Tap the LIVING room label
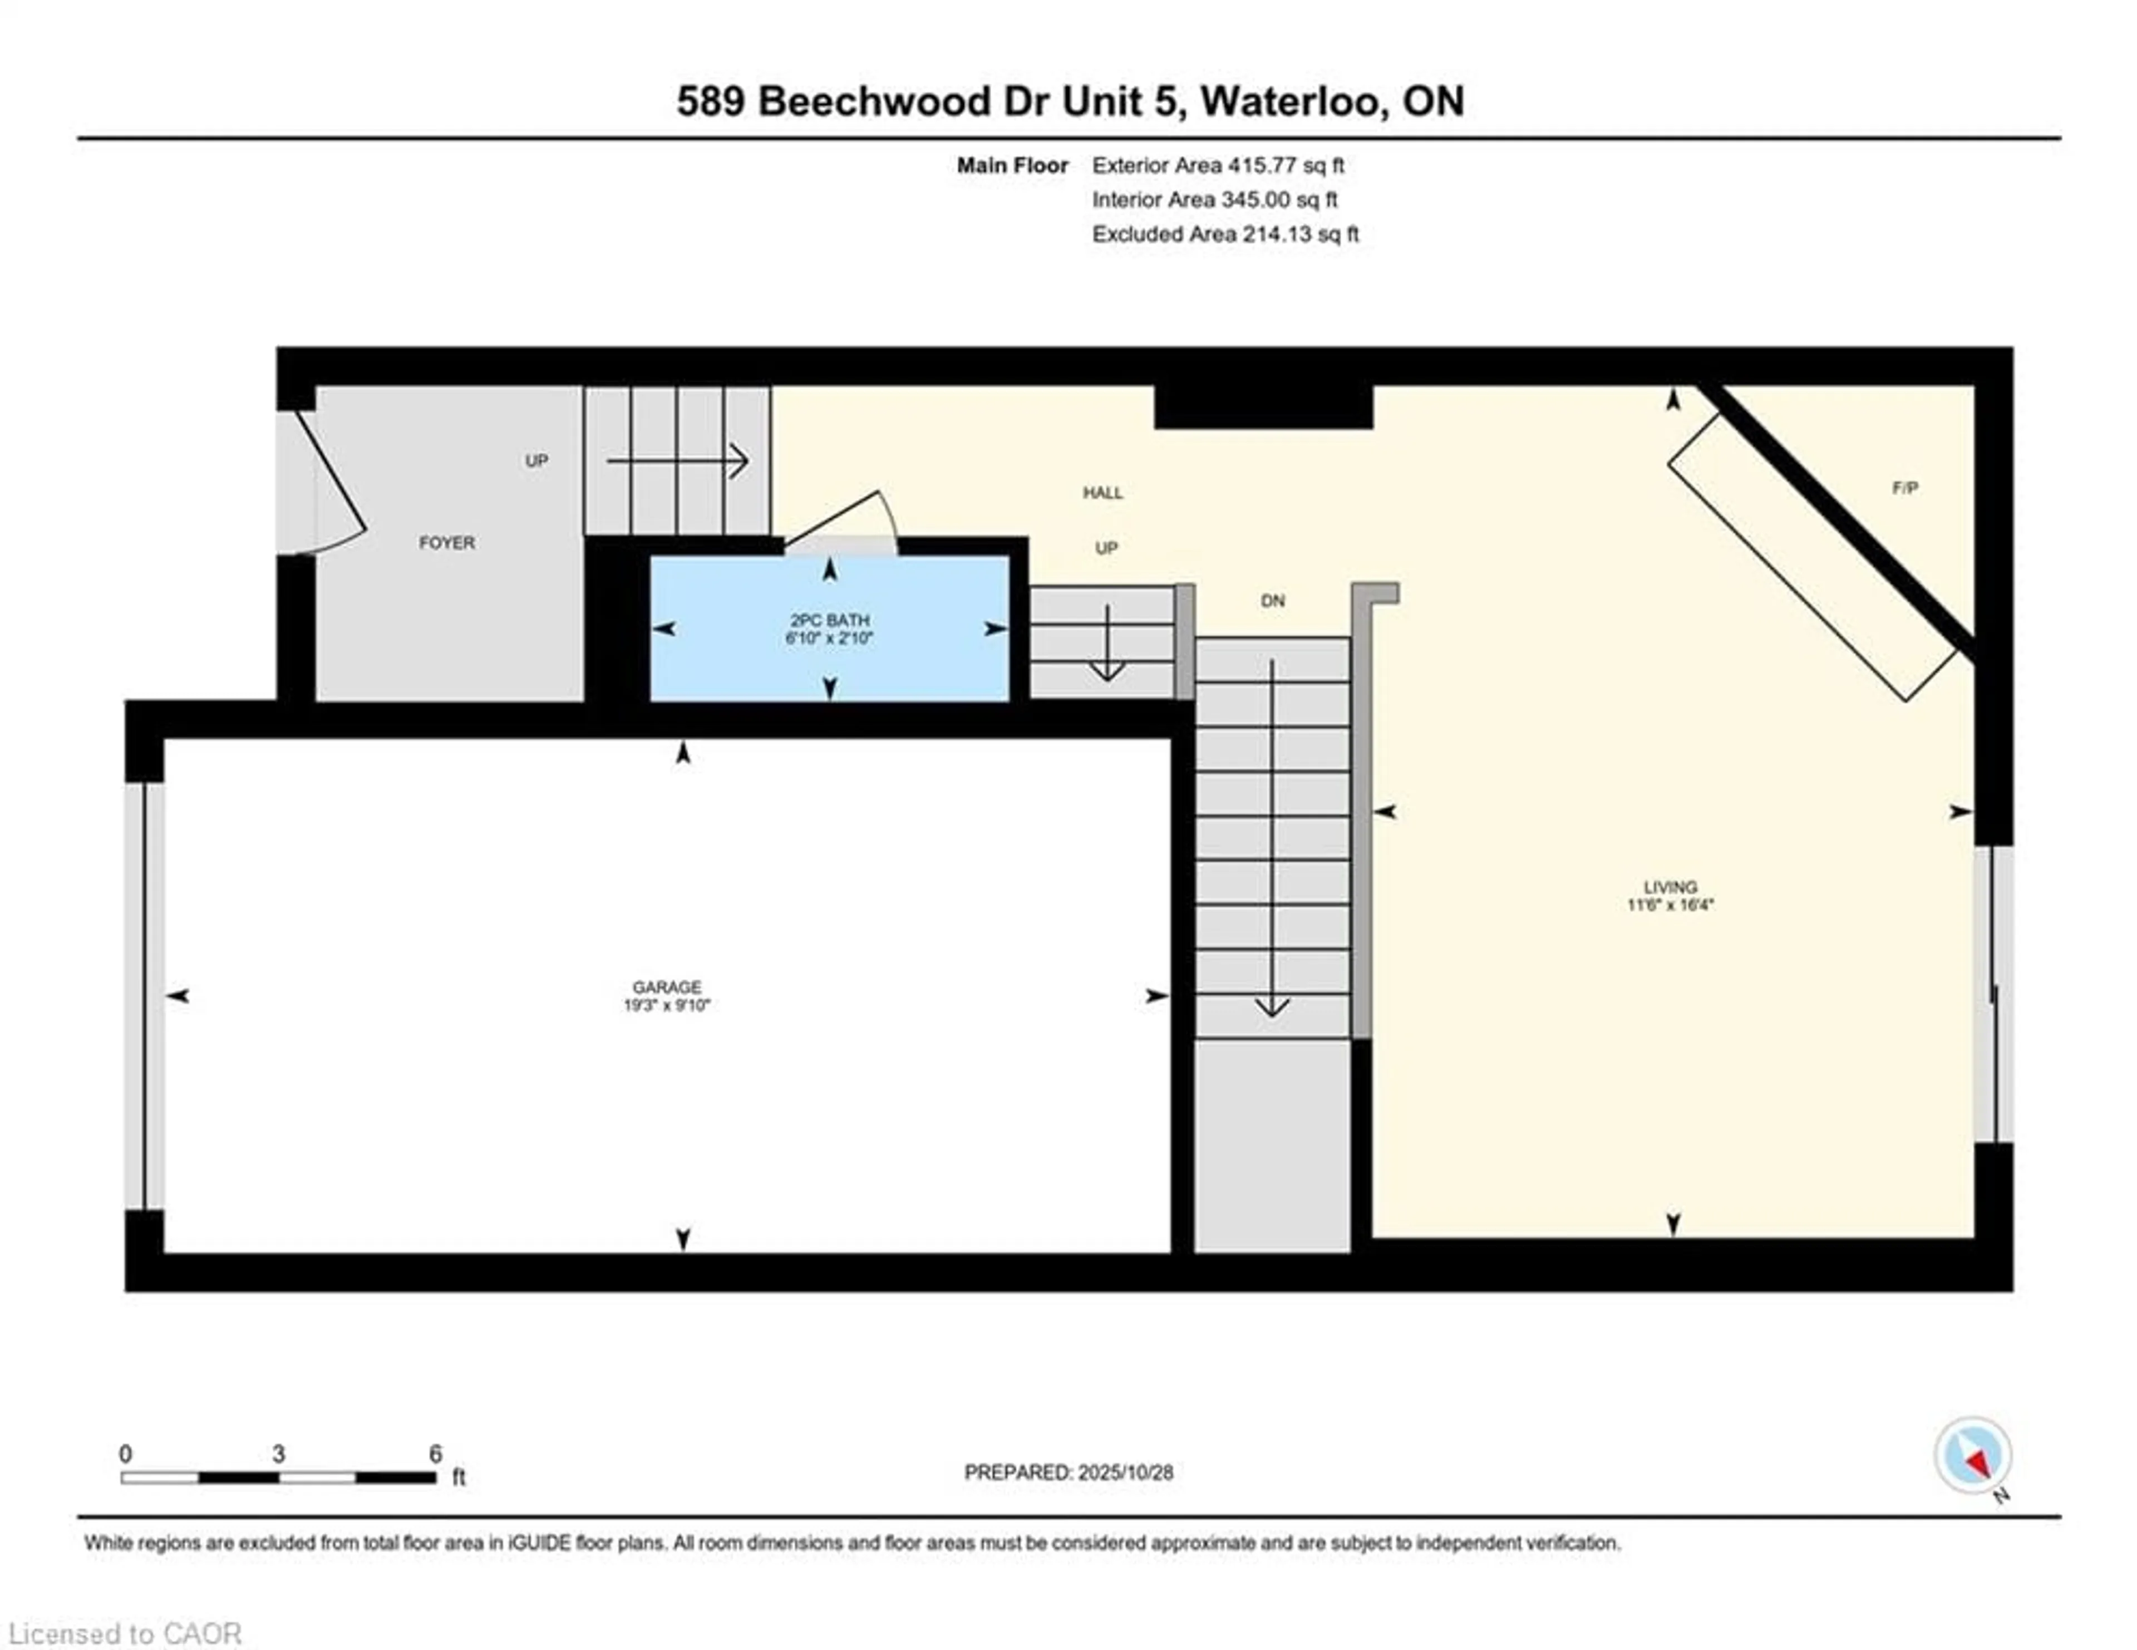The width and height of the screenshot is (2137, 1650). coord(1670,887)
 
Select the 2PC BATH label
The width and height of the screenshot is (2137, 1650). coord(830,620)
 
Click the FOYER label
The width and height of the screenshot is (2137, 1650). coord(447,542)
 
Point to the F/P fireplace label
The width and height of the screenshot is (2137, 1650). coord(1904,487)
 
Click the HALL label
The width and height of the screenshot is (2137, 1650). coord(1103,492)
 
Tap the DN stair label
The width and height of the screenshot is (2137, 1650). coord(1272,601)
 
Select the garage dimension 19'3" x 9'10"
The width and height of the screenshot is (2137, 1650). coord(666,1005)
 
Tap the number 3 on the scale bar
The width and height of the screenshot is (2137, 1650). coord(279,1454)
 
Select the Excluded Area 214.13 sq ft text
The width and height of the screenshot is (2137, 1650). coord(1225,234)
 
